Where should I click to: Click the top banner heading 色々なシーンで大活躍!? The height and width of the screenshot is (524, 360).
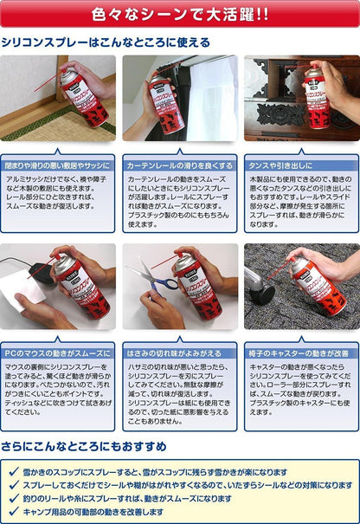pyautogui.click(x=179, y=14)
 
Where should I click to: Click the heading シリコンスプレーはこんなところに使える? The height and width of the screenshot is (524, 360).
pyautogui.click(x=106, y=42)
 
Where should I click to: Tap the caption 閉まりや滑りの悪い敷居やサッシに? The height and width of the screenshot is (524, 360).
pyautogui.click(x=59, y=165)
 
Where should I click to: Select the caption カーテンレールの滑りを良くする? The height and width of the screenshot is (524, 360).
pyautogui.click(x=180, y=165)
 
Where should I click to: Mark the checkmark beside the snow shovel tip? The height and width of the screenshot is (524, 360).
pyautogui.click(x=12, y=473)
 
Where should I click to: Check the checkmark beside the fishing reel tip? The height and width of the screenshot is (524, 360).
pyautogui.click(x=12, y=499)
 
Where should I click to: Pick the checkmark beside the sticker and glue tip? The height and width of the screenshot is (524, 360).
pyautogui.click(x=12, y=486)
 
